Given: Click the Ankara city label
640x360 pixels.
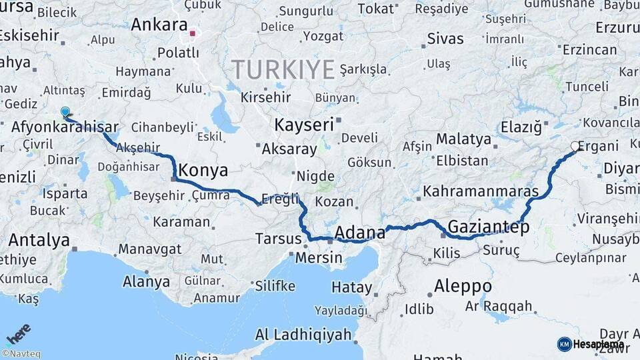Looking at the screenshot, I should (x=159, y=25).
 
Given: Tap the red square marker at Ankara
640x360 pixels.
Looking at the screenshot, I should (x=193, y=33).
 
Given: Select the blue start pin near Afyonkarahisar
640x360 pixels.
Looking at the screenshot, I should (x=65, y=112).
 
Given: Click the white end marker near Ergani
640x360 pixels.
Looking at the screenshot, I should (x=575, y=146).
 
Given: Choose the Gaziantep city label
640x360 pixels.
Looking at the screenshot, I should (x=489, y=227).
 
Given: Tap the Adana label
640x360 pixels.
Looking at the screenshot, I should (x=359, y=233).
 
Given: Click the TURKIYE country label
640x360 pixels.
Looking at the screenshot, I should (x=283, y=69).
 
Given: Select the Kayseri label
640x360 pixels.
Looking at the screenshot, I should (x=304, y=125).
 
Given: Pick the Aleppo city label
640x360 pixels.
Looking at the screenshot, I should (x=463, y=287).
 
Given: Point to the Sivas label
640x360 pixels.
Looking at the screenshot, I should (x=445, y=38).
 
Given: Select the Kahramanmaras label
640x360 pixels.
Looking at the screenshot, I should (x=481, y=191).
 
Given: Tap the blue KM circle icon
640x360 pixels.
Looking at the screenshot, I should (x=564, y=344).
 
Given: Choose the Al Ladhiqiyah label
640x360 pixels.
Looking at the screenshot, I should (x=303, y=335).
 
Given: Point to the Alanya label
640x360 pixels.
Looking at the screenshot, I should (x=146, y=281).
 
